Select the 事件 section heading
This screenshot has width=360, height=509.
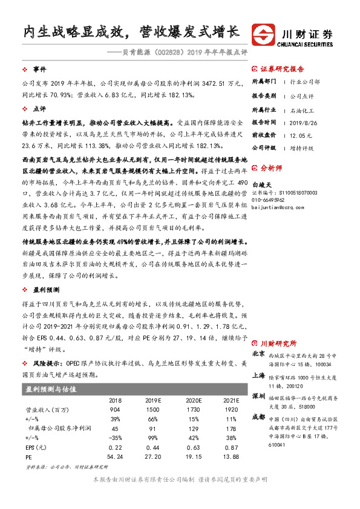pos(40,70)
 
